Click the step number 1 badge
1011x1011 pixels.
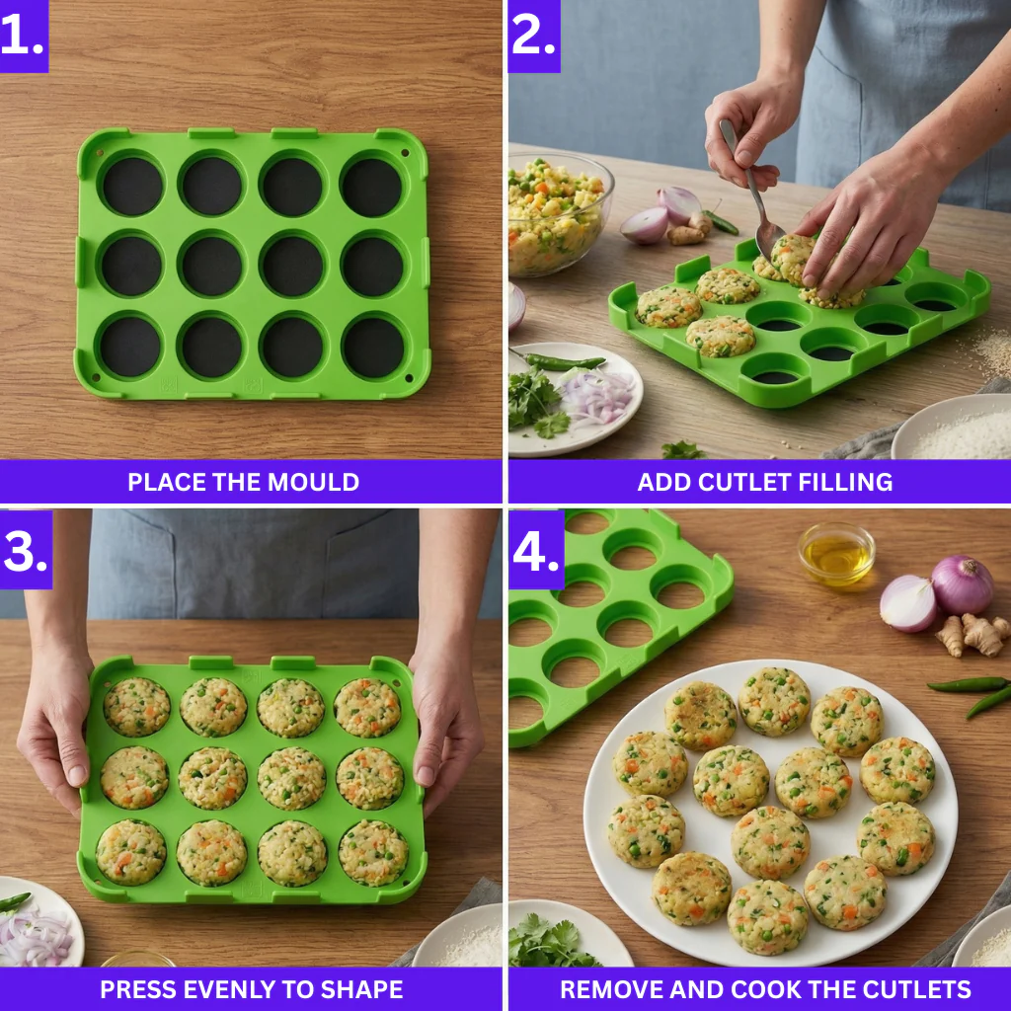[23, 36]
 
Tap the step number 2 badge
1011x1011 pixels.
[534, 36]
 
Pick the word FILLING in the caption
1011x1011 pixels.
[846, 482]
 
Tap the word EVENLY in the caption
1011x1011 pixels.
[238, 989]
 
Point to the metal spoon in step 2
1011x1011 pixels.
[755, 197]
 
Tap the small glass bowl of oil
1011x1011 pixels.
[836, 554]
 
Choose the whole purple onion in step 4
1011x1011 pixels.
[963, 584]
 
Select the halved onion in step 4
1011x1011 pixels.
[907, 603]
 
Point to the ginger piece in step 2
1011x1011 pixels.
[687, 232]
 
